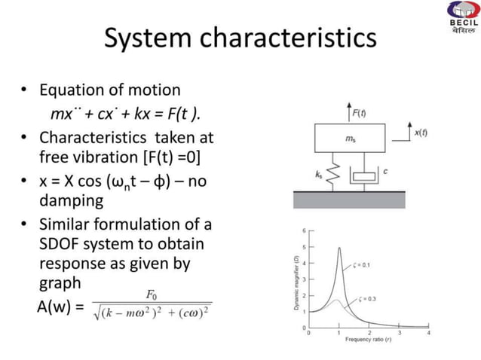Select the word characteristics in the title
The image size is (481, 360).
tap(287, 39)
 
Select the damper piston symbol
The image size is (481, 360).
tap(365, 175)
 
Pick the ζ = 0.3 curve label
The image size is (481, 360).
tap(367, 299)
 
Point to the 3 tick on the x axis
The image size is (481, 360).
tap(399, 332)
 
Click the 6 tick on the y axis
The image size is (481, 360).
tap(304, 229)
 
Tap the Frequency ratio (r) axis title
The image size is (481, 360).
tap(368, 340)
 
